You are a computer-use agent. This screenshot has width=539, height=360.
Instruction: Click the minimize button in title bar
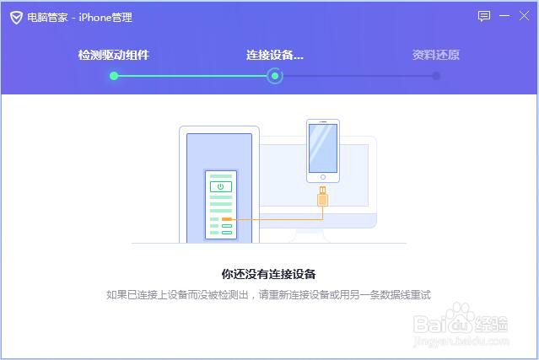pyautogui.click(x=504, y=16)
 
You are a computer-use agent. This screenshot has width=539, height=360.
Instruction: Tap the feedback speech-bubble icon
pyautogui.click(x=484, y=16)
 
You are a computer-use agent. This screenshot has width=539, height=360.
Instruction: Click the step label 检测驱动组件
pyautogui.click(x=114, y=55)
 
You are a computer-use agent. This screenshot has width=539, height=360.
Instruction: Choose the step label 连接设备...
pyautogui.click(x=274, y=55)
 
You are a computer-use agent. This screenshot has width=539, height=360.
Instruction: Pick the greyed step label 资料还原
pyautogui.click(x=435, y=55)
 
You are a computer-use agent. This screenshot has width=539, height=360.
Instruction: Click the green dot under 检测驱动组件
pyautogui.click(x=114, y=76)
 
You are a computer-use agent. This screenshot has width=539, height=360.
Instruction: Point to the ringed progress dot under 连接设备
pyautogui.click(x=274, y=76)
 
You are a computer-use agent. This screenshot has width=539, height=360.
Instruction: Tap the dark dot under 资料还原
pyautogui.click(x=436, y=76)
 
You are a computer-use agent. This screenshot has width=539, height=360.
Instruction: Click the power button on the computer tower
pyautogui.click(x=220, y=185)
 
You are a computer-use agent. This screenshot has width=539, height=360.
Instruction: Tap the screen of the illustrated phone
pyautogui.click(x=322, y=148)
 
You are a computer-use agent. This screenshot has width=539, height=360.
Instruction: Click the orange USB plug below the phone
pyautogui.click(x=322, y=199)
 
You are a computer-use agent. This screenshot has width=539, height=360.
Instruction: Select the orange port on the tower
pyautogui.click(x=226, y=219)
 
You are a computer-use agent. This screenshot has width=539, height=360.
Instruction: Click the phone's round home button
pyautogui.click(x=322, y=177)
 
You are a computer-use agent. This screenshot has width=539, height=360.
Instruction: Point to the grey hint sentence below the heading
pyautogui.click(x=268, y=295)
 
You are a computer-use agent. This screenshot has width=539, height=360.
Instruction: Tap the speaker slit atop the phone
pyautogui.click(x=322, y=123)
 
